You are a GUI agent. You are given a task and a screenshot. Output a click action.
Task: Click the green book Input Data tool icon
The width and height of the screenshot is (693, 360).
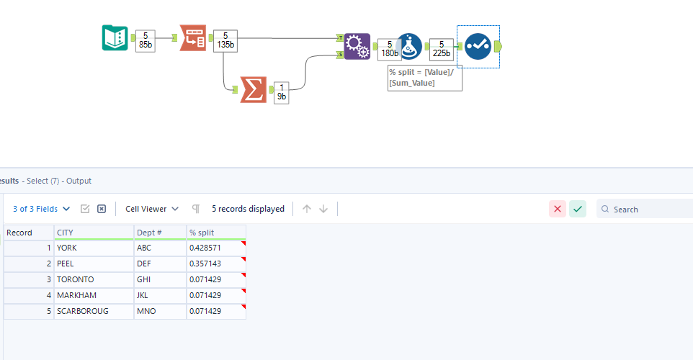[115, 37]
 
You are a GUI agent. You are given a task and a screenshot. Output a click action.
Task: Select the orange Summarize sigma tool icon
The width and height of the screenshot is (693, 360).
[253, 90]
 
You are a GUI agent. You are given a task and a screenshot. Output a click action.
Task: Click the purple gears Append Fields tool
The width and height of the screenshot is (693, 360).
[357, 46]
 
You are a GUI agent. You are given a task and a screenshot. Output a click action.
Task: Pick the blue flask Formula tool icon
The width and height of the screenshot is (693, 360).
[409, 46]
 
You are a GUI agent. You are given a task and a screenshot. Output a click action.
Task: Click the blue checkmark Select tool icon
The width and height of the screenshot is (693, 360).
[478, 46]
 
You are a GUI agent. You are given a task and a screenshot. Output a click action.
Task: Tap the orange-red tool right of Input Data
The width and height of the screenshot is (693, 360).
[192, 37]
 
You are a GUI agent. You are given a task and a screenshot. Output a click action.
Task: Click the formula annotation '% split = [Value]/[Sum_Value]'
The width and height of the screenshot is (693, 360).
[424, 78]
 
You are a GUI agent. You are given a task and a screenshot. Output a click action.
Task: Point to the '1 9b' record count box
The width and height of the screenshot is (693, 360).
[281, 92]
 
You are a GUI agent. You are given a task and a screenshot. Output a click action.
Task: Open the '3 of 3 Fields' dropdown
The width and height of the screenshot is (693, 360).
[42, 209]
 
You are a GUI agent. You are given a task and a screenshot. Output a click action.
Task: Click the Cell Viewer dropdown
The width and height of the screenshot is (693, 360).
[151, 209]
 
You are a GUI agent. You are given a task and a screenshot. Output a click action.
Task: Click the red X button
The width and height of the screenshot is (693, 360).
[558, 209]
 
